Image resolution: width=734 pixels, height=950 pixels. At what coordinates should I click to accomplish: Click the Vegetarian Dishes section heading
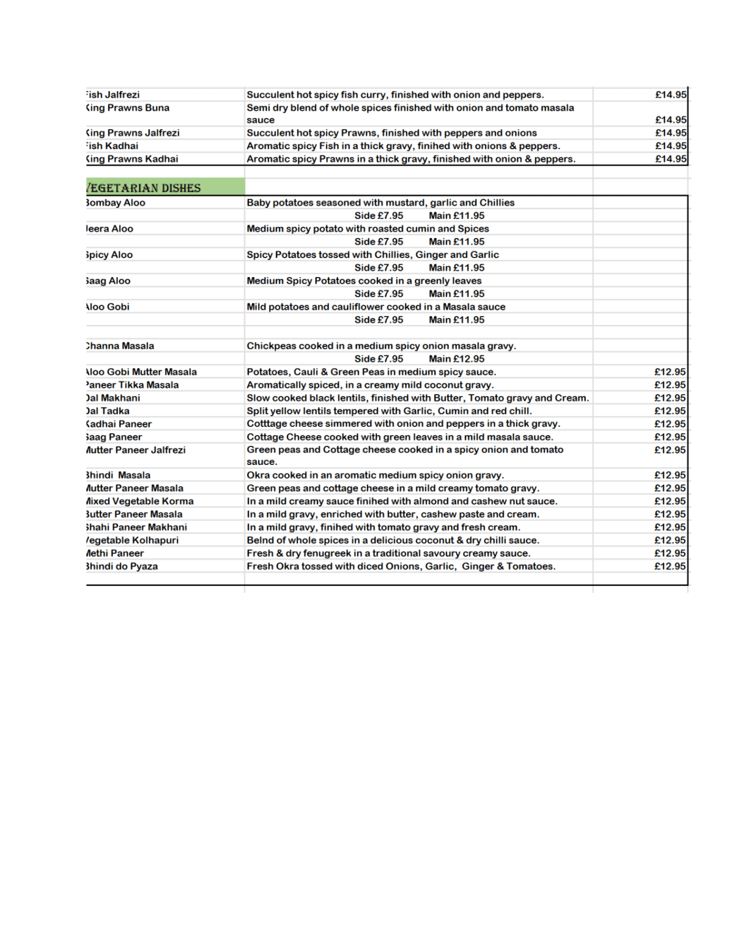(144, 188)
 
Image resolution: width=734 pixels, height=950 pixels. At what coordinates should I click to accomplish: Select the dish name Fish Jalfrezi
(113, 95)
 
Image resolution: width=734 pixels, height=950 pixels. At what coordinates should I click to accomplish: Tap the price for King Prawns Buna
(670, 120)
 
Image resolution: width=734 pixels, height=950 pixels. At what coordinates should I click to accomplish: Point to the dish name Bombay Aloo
(116, 203)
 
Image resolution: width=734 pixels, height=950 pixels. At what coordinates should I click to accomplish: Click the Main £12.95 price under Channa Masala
(456, 359)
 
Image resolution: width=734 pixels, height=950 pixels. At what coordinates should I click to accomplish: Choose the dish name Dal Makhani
(114, 398)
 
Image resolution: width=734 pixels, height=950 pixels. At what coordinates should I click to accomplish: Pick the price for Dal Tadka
(670, 411)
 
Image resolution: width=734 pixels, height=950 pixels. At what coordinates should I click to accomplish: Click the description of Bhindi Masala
(375, 475)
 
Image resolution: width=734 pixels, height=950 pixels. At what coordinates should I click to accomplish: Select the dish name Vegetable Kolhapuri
(133, 541)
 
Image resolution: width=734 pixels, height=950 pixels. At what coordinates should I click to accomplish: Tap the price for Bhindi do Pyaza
(670, 566)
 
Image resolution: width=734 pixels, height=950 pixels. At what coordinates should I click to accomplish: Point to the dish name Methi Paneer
(116, 554)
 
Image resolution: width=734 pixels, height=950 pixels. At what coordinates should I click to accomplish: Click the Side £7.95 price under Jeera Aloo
(379, 242)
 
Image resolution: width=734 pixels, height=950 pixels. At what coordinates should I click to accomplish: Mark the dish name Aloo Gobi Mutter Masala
(142, 372)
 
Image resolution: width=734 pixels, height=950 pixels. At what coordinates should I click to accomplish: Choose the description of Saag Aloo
(364, 281)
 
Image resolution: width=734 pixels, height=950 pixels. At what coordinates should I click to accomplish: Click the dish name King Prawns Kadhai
(133, 159)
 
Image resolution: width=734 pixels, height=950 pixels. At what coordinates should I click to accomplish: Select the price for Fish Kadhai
(670, 146)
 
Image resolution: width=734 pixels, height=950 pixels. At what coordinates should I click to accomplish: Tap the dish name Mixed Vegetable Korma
(140, 502)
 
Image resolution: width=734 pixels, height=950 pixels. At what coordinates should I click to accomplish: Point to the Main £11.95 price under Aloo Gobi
(456, 320)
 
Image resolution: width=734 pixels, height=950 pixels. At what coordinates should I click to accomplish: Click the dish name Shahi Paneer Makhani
(137, 527)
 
